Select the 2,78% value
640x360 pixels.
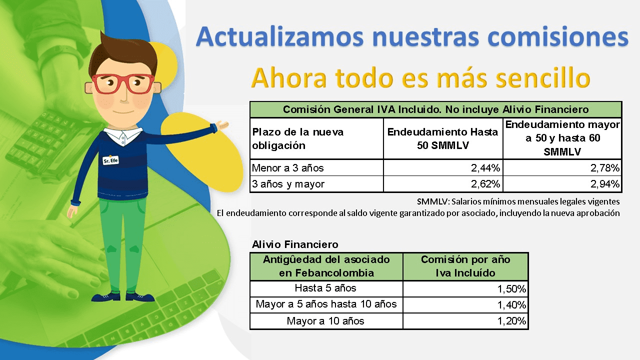[x=605, y=168]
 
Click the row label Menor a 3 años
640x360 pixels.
[x=287, y=168]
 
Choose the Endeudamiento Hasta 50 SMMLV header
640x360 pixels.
[x=442, y=138]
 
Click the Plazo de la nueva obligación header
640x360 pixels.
[x=297, y=138]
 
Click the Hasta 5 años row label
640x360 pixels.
[x=325, y=288]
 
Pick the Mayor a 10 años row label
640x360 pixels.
[x=325, y=321]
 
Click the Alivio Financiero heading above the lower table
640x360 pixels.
[x=295, y=244]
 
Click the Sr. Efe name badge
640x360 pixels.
[x=110, y=160]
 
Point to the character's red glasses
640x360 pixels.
[x=123, y=83]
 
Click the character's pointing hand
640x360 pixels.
[x=221, y=125]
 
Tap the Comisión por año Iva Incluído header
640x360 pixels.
[x=465, y=266]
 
